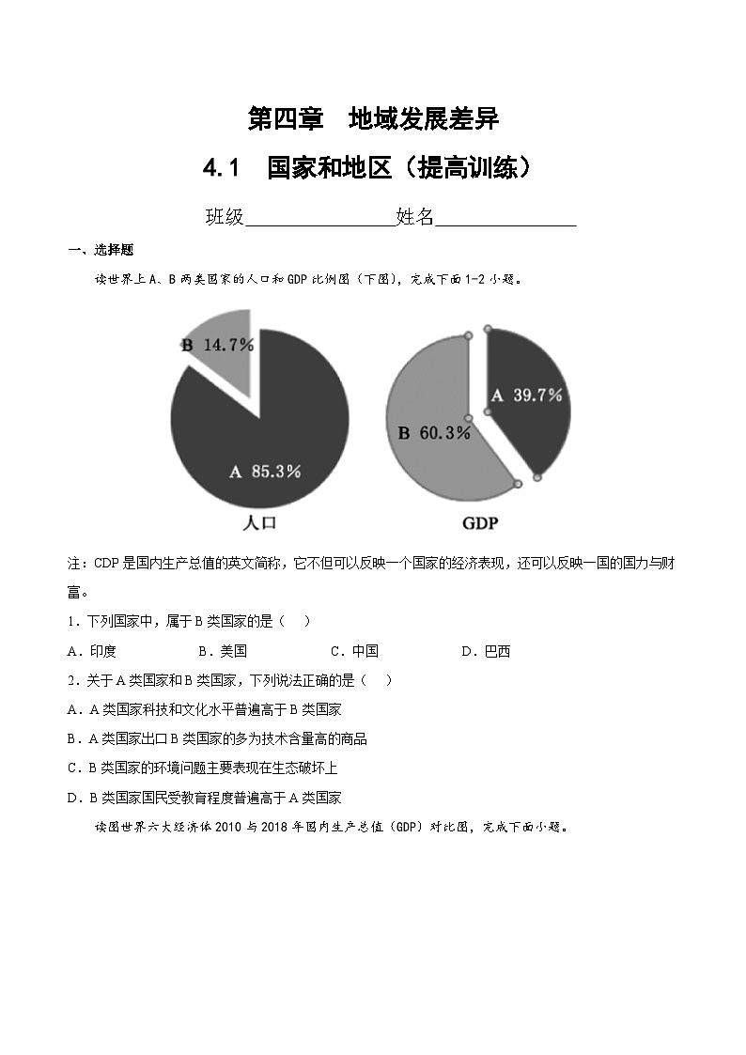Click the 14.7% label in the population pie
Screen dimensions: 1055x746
point(228,345)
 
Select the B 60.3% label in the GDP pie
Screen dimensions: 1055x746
point(433,433)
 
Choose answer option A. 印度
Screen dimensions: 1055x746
point(92,651)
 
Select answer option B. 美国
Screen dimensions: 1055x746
point(223,651)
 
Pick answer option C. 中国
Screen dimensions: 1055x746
point(354,651)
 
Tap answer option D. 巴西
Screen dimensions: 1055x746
point(486,651)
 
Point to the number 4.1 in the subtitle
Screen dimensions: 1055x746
point(223,169)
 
